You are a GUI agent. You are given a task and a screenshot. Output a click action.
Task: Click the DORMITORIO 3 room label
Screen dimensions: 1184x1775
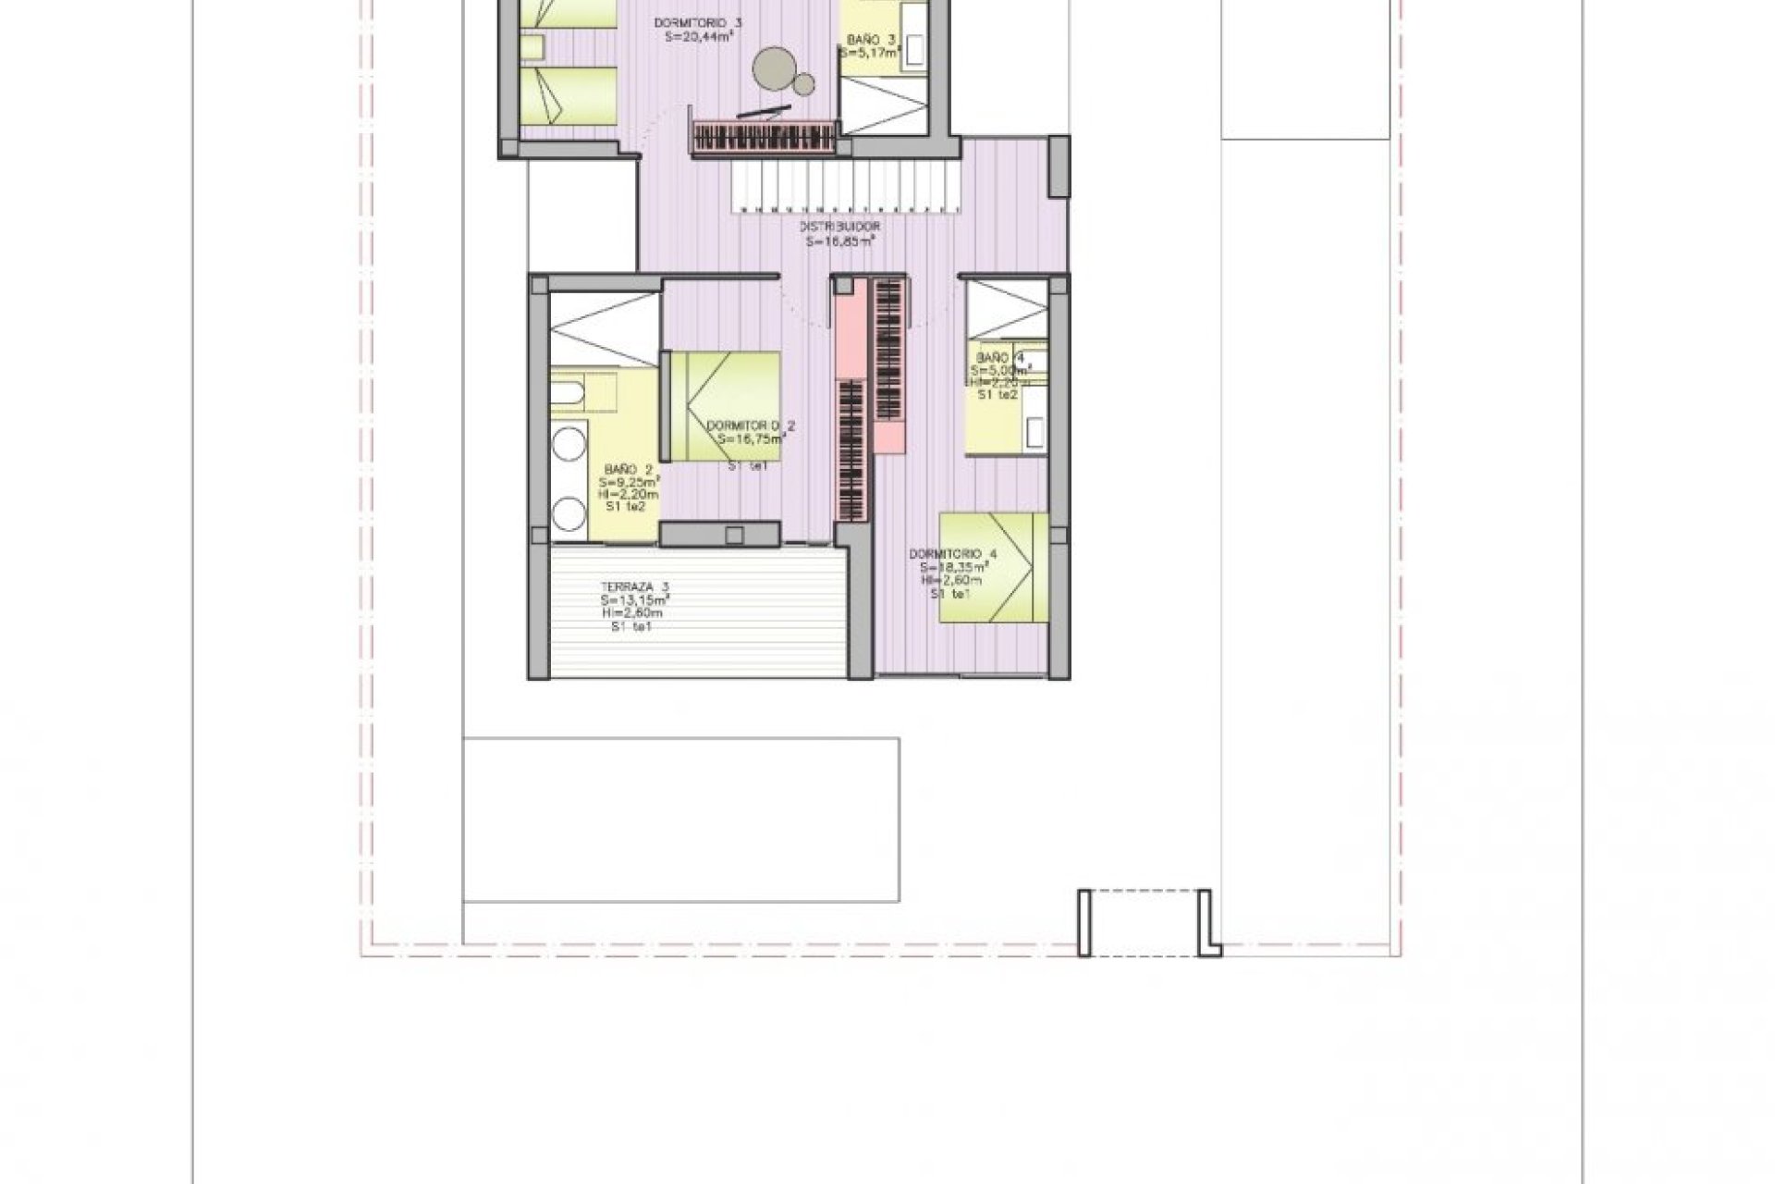(x=698, y=22)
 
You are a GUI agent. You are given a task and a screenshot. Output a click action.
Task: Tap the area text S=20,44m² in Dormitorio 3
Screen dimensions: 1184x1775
(x=698, y=37)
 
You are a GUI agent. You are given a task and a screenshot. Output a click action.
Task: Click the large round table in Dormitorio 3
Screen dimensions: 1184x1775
(x=773, y=68)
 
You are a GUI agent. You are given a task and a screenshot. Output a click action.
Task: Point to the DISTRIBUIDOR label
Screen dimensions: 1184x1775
(x=840, y=226)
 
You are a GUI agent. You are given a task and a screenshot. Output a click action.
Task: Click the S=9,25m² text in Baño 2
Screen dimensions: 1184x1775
(x=629, y=482)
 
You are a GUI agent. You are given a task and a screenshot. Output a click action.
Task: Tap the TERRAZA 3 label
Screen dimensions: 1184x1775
(x=634, y=586)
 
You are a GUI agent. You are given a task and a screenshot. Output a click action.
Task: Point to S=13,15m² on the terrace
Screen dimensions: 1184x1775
(x=634, y=599)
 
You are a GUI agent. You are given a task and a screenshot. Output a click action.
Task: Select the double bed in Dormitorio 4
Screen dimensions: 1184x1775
(x=995, y=568)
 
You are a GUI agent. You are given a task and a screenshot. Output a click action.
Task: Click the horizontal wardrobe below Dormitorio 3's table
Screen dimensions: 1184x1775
(x=764, y=139)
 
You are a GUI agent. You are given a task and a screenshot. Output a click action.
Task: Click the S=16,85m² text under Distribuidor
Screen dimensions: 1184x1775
(x=840, y=240)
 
